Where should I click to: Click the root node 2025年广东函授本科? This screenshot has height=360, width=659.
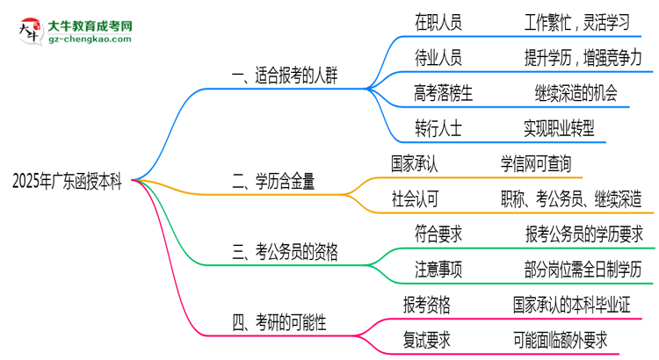pos(68,181)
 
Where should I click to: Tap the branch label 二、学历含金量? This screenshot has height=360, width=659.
pos(273,181)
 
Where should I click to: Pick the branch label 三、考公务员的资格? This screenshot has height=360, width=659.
pos(285,252)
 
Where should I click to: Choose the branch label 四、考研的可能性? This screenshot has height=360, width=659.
pos(279,322)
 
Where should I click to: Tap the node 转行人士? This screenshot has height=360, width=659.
pos(438,128)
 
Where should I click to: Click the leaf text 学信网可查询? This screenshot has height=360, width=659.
pos(536,163)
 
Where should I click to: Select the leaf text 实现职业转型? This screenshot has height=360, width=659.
pos(559,128)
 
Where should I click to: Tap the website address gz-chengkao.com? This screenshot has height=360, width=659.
pos(90,40)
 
